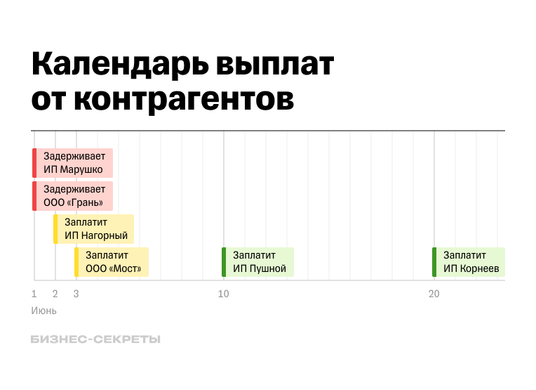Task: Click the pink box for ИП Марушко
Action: click(x=74, y=163)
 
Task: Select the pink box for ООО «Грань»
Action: click(x=74, y=196)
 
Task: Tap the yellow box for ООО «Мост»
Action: click(x=113, y=262)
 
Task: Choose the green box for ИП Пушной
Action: click(x=259, y=262)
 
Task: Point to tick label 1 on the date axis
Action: click(x=34, y=294)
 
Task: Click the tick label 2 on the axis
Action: click(x=55, y=294)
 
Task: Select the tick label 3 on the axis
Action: click(x=76, y=294)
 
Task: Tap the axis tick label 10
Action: click(x=223, y=294)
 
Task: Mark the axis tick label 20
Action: click(x=434, y=294)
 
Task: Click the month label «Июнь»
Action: click(x=43, y=310)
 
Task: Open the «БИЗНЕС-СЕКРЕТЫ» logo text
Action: click(x=95, y=339)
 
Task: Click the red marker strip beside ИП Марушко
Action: click(x=34, y=163)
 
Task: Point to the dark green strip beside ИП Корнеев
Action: click(x=434, y=262)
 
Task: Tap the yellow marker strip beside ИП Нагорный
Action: click(x=55, y=229)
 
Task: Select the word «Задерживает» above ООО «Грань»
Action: click(x=74, y=189)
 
